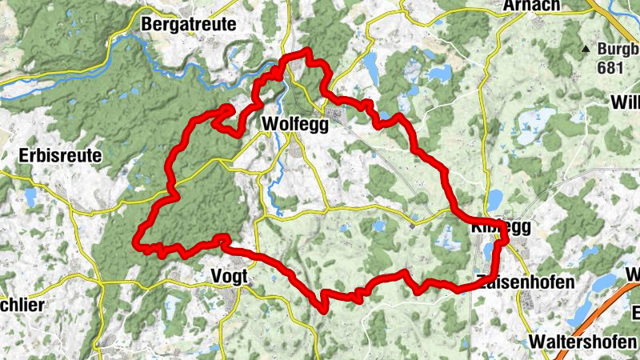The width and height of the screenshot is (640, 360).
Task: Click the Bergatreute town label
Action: click(x=189, y=25)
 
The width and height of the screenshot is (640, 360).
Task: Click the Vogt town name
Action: click(x=230, y=276)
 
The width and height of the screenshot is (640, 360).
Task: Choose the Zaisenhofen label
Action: click(x=525, y=282)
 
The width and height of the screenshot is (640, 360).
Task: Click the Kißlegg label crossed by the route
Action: click(x=499, y=227)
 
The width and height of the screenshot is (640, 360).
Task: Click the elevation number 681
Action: click(x=610, y=68)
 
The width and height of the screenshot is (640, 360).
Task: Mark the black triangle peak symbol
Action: click(x=586, y=50)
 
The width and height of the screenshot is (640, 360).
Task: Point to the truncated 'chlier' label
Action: click(x=22, y=305)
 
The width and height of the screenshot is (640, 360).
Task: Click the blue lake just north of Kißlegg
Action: click(x=494, y=198)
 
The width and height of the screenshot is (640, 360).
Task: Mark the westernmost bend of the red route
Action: click(x=137, y=238)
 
